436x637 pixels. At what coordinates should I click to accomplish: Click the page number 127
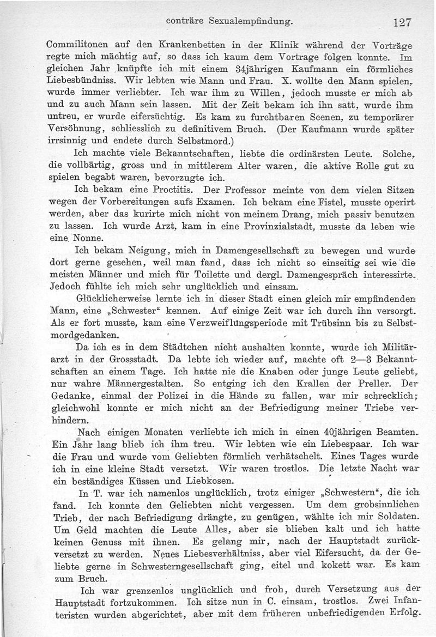(399, 23)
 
